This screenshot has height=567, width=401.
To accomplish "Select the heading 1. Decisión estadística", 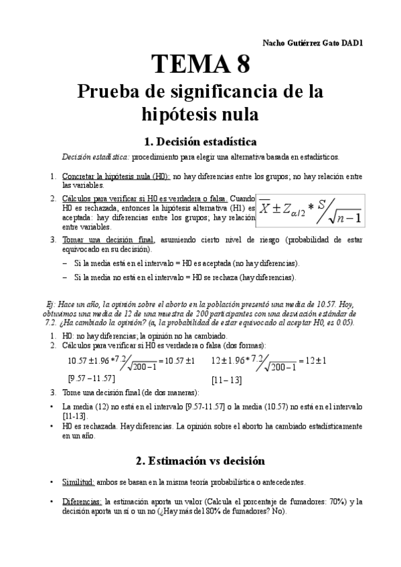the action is pos(200,141).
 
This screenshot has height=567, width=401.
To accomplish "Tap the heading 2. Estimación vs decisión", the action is pos(200,461).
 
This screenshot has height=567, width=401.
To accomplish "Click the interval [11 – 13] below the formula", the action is pos(227,380).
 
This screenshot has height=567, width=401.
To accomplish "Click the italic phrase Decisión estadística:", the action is pos(96,157).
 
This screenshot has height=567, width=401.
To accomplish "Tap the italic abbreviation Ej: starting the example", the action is pos(46,303).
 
